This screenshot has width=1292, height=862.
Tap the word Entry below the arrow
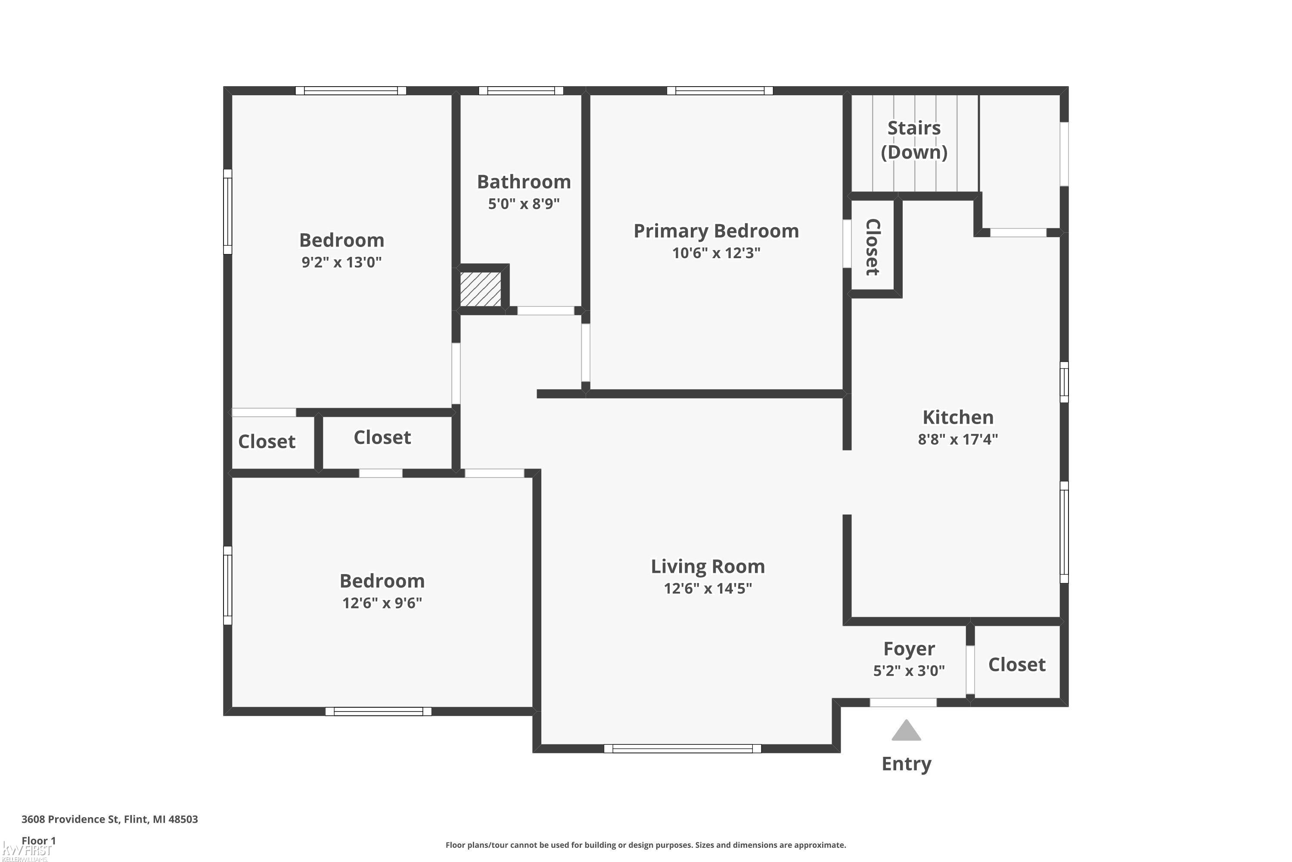click(907, 764)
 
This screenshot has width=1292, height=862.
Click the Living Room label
click(708, 566)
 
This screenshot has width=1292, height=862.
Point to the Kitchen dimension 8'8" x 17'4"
click(957, 439)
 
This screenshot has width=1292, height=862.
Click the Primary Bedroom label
click(716, 231)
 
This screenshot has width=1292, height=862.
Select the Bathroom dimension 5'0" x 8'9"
click(524, 204)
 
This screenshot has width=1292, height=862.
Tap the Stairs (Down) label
click(914, 140)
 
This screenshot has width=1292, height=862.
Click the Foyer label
click(909, 649)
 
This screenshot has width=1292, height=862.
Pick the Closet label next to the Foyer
click(1017, 665)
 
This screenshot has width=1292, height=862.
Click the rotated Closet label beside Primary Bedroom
click(873, 247)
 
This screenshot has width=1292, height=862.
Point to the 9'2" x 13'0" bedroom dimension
click(341, 262)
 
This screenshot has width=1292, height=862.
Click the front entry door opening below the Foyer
click(903, 703)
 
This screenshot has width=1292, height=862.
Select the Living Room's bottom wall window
click(682, 748)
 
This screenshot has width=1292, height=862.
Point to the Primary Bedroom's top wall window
click(720, 91)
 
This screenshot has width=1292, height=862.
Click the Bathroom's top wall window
click(521, 91)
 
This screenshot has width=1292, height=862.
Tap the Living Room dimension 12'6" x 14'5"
click(708, 589)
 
